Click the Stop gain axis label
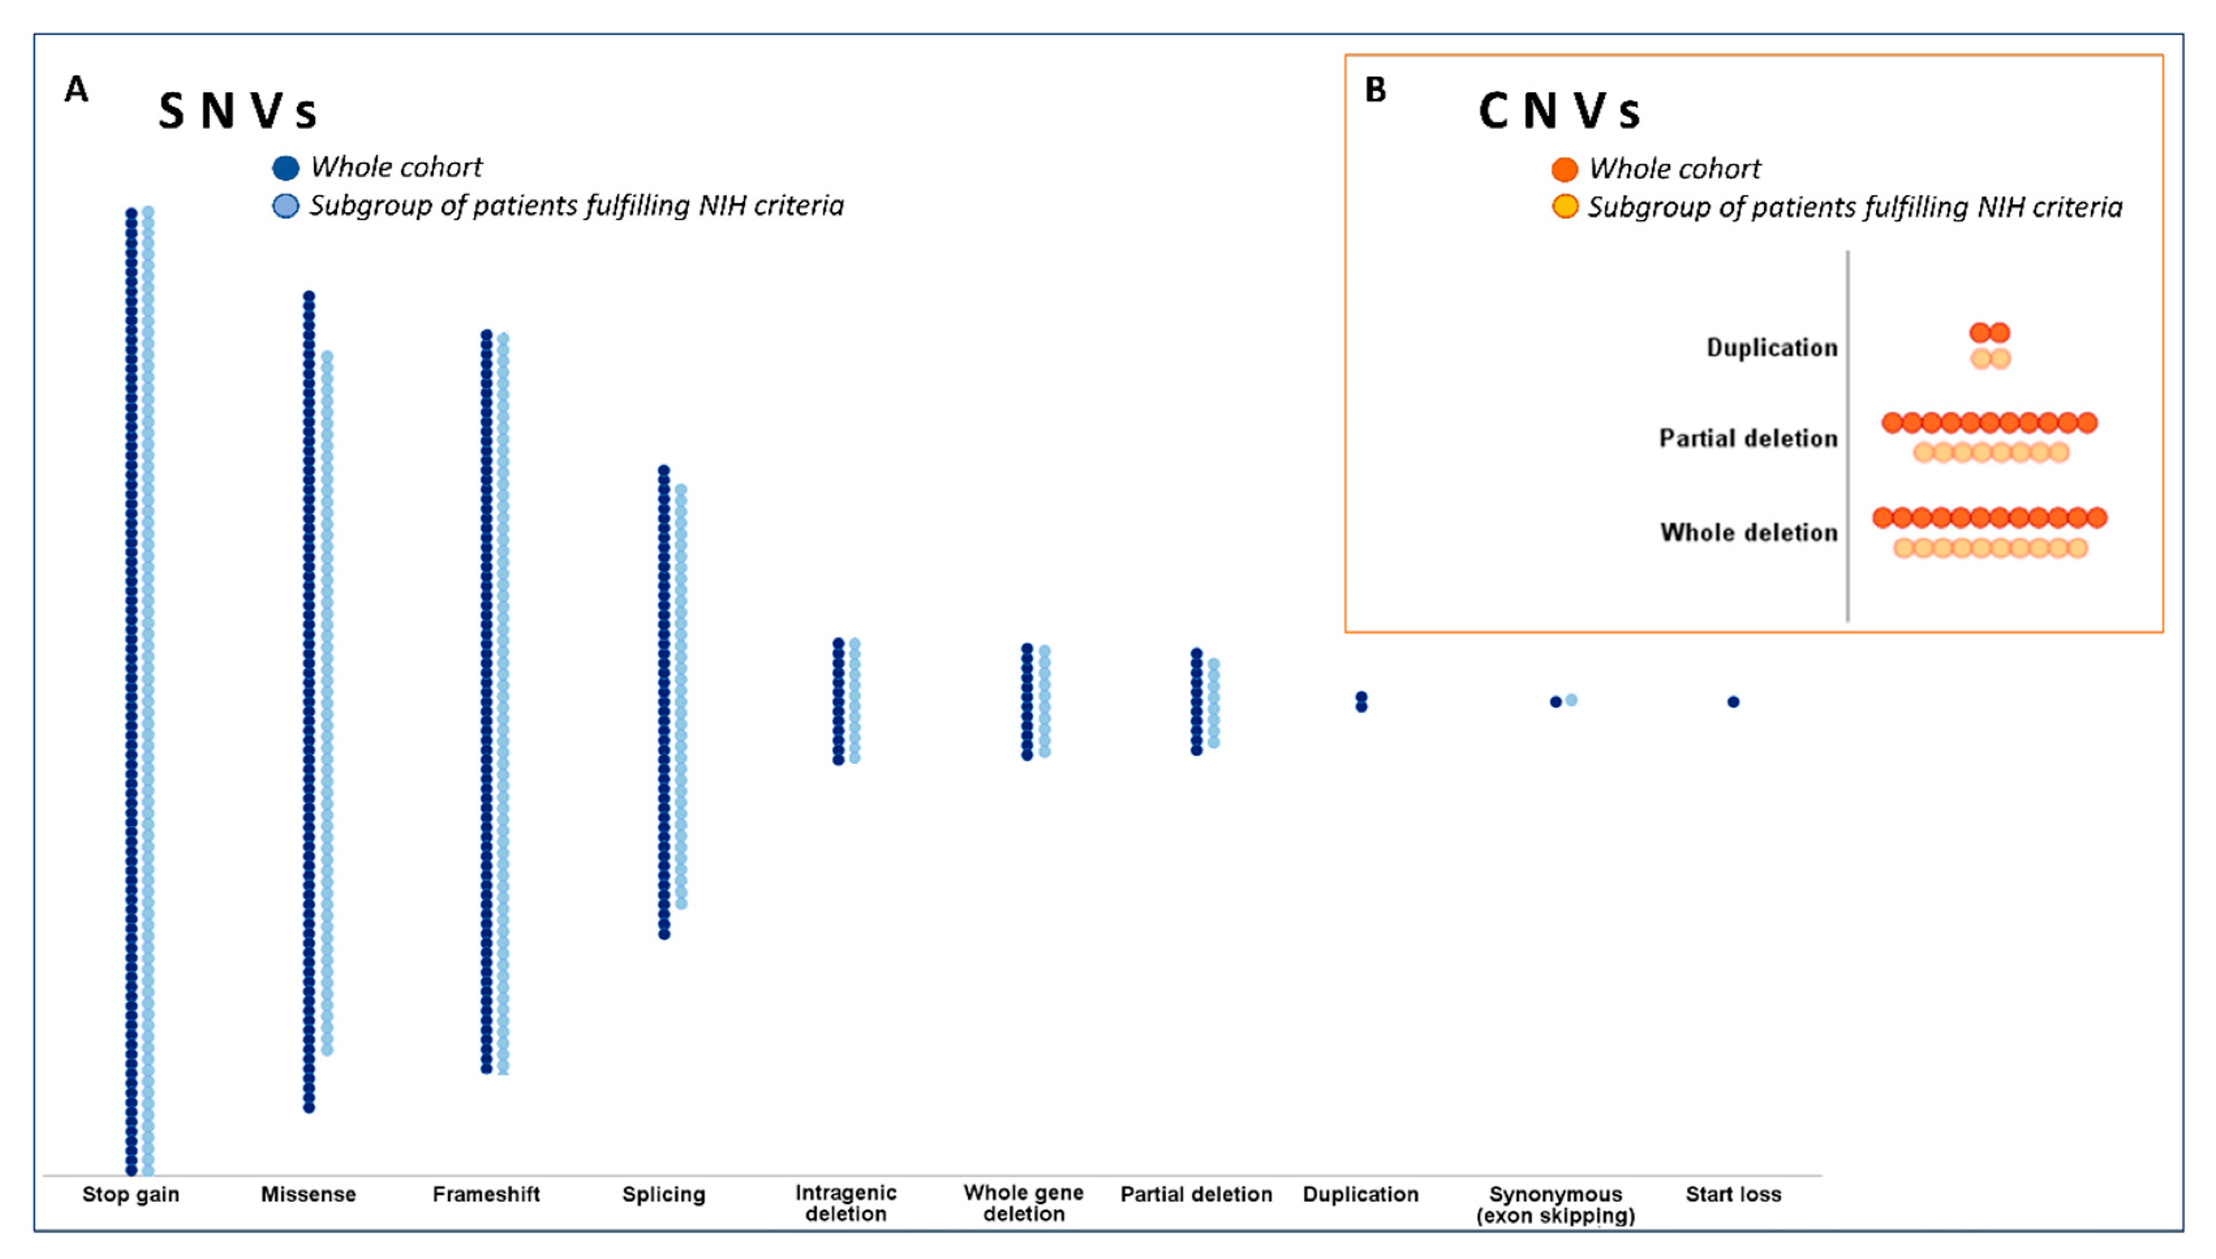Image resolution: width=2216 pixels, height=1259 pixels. pos(130,1194)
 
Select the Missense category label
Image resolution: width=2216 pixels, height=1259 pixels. pos(309,1194)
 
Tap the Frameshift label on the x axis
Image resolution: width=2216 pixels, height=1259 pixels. pos(486,1194)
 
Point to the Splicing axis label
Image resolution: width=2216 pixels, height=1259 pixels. pos(663,1194)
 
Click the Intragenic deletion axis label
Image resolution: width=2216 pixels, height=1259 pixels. pos(846,1203)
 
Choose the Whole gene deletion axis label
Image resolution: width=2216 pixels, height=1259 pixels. pos(1023,1203)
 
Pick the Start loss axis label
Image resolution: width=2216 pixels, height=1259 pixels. pos(1733,1194)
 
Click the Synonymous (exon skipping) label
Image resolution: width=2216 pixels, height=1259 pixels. pos(1555,1205)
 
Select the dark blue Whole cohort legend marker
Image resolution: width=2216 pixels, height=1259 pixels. pos(285,168)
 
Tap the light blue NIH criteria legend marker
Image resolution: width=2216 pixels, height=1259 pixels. pos(285,206)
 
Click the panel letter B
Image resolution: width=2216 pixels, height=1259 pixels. pos(1375,90)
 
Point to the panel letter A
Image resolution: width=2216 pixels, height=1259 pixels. pos(76,90)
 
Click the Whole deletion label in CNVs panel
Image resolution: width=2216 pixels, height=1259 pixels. pos(1748,532)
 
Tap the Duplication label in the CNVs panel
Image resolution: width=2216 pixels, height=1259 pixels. pos(1771,347)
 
